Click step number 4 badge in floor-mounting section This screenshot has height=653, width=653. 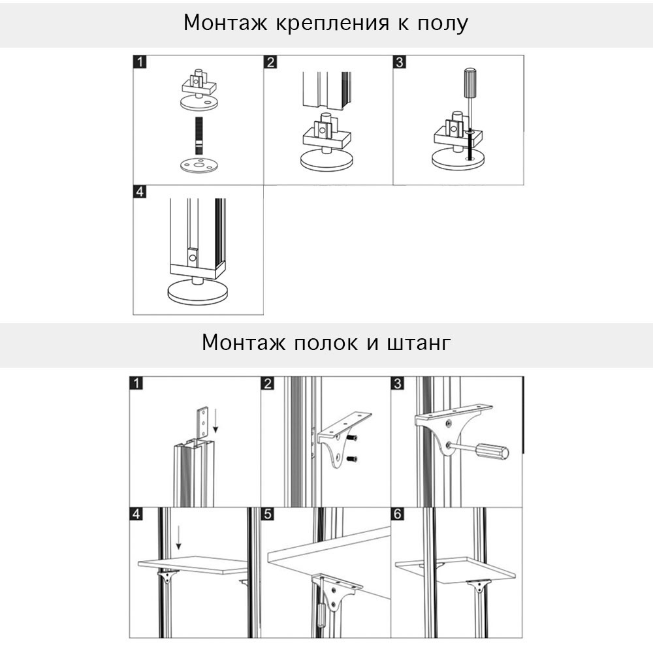[x=139, y=193]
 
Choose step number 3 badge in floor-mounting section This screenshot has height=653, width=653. [x=399, y=63]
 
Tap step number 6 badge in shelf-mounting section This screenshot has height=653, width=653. [x=398, y=514]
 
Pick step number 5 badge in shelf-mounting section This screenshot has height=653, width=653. [x=268, y=514]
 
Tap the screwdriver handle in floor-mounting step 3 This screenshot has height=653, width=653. [x=470, y=81]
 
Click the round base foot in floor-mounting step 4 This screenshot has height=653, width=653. [x=197, y=292]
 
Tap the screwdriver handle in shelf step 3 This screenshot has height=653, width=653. [x=492, y=451]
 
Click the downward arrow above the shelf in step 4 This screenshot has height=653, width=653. [x=178, y=539]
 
